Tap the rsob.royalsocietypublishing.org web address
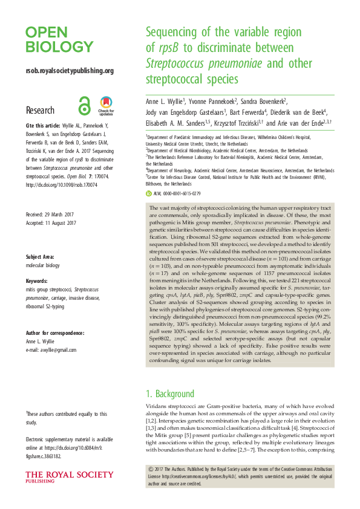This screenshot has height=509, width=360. [x=70, y=71]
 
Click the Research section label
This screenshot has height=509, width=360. [x=40, y=110]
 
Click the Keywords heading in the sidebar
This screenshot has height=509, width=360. [x=39, y=281]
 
